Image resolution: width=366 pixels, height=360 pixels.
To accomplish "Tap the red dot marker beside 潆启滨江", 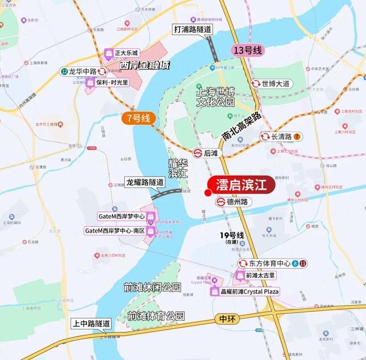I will (207, 193).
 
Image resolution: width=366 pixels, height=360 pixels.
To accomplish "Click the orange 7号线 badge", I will (138, 118).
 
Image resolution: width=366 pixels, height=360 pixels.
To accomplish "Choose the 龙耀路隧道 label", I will (145, 182).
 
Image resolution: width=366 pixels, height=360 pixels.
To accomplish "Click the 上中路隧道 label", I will (91, 323).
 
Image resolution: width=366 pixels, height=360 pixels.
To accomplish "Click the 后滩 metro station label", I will (205, 153).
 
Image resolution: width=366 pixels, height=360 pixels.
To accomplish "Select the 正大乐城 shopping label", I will (124, 54).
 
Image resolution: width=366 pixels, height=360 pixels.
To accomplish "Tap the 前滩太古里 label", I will (256, 275).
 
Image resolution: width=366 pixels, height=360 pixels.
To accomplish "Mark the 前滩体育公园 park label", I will (155, 316).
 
